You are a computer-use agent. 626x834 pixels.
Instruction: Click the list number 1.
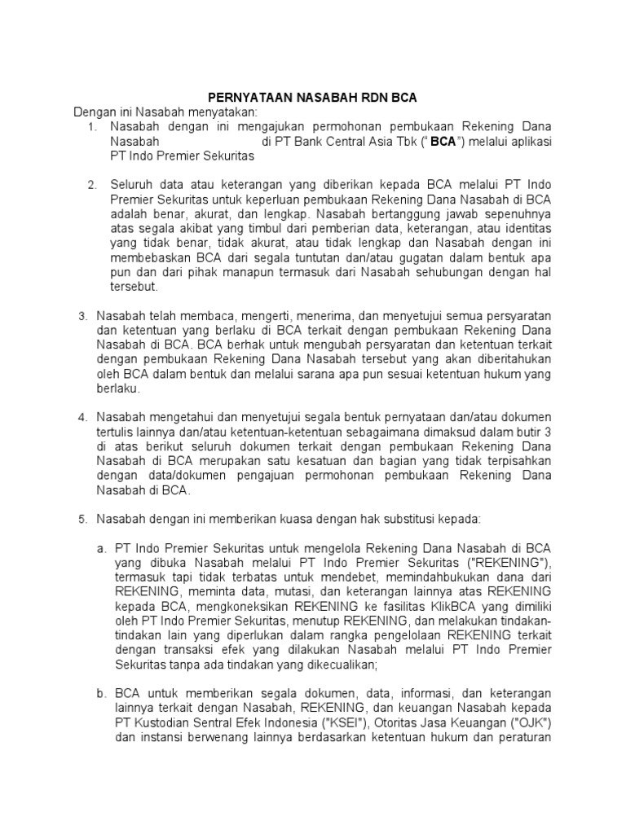(92, 127)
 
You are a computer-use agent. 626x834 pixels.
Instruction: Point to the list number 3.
(82, 316)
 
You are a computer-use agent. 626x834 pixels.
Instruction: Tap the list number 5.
(82, 519)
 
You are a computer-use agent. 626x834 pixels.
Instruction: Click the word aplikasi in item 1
(528, 141)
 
